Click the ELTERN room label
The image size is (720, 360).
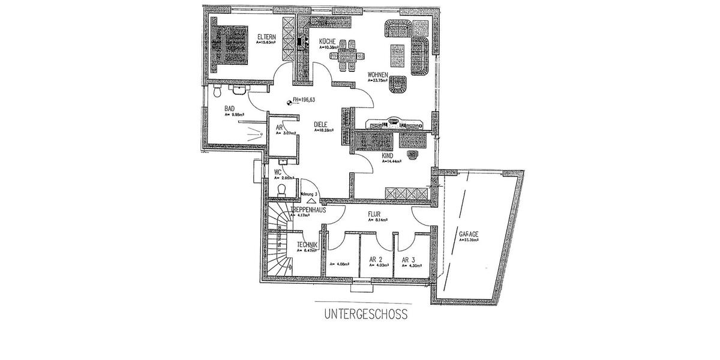[266, 36]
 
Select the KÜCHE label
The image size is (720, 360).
[327, 41]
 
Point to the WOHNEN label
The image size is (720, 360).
[379, 74]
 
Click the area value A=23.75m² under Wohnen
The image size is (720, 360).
[382, 80]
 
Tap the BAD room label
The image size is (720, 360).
[229, 109]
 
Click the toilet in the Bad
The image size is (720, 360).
[218, 92]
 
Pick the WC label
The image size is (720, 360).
[278, 172]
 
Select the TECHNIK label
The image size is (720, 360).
[307, 245]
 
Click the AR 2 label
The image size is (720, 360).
[376, 260]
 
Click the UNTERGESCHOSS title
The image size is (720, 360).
[366, 313]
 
